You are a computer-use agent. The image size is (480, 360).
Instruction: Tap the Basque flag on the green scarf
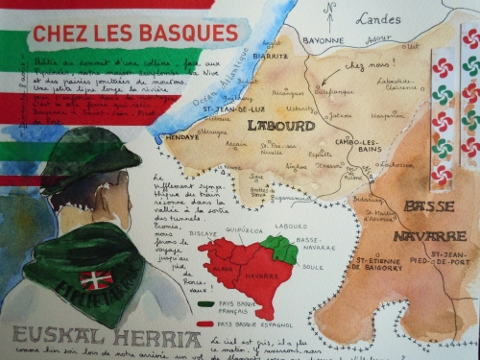tap(95, 280)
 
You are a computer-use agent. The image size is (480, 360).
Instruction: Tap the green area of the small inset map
tap(280, 250)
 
